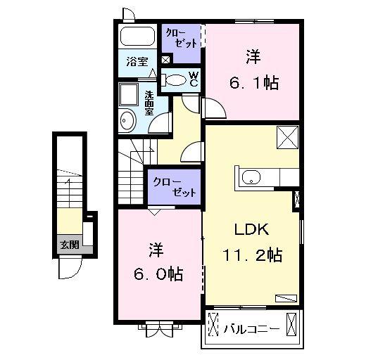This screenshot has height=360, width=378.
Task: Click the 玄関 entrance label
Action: (x=70, y=245)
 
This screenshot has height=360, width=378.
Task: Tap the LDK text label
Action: (x=252, y=229)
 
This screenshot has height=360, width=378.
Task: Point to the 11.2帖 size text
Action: (x=253, y=255)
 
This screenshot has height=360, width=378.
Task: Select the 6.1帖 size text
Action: (x=254, y=83)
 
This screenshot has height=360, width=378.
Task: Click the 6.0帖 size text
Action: (x=158, y=274)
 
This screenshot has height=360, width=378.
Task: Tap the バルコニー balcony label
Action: (x=252, y=329)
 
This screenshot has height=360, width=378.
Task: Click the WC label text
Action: (x=194, y=79)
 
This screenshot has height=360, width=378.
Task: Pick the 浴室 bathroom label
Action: (x=137, y=62)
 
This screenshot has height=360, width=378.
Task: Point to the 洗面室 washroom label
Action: (x=149, y=103)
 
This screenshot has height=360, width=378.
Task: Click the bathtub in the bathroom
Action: (x=137, y=36)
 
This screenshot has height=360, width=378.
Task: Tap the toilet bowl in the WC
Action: (x=176, y=80)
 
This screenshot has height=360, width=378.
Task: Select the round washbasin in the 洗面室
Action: (x=128, y=120)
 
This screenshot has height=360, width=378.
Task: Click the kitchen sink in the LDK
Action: (x=251, y=178)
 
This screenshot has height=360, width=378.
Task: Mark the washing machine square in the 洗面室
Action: (x=129, y=94)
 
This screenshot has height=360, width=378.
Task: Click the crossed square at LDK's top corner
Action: (x=288, y=138)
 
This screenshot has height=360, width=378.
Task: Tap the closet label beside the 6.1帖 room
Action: (x=182, y=39)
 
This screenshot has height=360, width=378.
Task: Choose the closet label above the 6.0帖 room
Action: (x=175, y=187)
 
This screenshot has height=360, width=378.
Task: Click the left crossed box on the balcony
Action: (x=213, y=324)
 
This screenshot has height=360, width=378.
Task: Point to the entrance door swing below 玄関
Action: (x=70, y=267)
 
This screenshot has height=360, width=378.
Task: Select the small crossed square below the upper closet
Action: (x=165, y=60)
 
